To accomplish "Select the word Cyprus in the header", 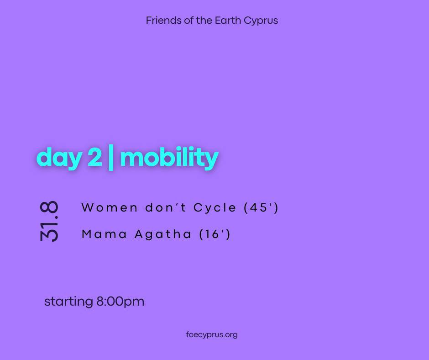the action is [x=261, y=21].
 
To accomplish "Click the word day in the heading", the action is [x=59, y=158].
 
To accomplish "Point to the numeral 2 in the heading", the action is [x=94, y=157].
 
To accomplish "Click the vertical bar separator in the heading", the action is [x=111, y=158].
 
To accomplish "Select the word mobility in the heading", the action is [x=169, y=157].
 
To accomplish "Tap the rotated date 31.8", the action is [x=49, y=221].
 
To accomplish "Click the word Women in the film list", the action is [x=109, y=208].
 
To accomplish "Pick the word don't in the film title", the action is [x=166, y=208].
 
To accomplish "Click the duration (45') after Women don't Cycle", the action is [x=261, y=208].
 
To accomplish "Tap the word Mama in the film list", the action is [x=104, y=234].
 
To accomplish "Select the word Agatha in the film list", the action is [x=162, y=234].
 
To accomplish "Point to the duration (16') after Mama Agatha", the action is [x=214, y=234].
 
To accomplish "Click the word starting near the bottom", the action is [x=68, y=302].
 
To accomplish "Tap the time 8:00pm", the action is [x=120, y=302].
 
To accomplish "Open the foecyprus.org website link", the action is [x=212, y=335].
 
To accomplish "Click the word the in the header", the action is [x=204, y=20].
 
